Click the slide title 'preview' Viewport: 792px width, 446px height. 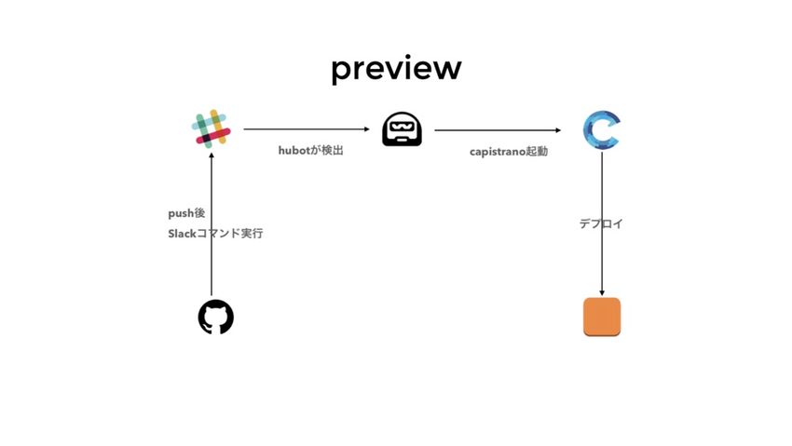pyautogui.click(x=396, y=69)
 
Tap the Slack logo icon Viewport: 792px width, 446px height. pyautogui.click(x=212, y=128)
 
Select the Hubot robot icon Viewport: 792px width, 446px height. pyautogui.click(x=403, y=129)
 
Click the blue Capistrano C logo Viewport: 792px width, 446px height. pyautogui.click(x=601, y=129)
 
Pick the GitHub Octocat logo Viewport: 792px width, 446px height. pyautogui.click(x=215, y=318)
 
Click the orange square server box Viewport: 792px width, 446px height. pyautogui.click(x=602, y=317)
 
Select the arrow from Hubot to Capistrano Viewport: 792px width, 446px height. pyautogui.click(x=498, y=130)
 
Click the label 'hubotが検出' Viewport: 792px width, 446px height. pyautogui.click(x=311, y=150)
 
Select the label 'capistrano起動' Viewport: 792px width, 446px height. pyautogui.click(x=509, y=151)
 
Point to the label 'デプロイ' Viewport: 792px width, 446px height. pyautogui.click(x=601, y=223)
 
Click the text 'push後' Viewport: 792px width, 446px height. pyautogui.click(x=186, y=213)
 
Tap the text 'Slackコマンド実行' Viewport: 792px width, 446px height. pyautogui.click(x=215, y=234)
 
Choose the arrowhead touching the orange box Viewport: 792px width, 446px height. pyautogui.click(x=602, y=292)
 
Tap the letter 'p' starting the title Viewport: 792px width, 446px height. pyautogui.click(x=342, y=72)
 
